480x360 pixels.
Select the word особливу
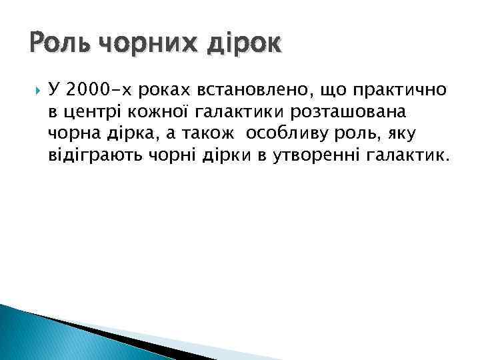pyautogui.click(x=284, y=135)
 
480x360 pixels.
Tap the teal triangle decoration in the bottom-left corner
pyautogui.click(x=40, y=337)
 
